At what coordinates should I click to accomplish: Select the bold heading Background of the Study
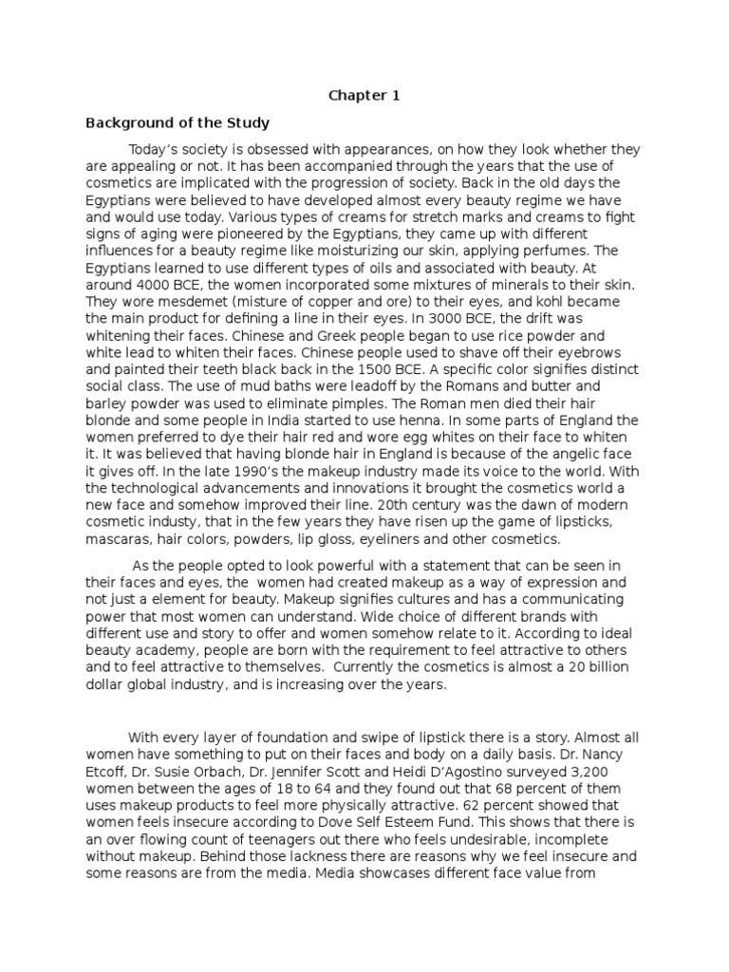coord(178,123)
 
